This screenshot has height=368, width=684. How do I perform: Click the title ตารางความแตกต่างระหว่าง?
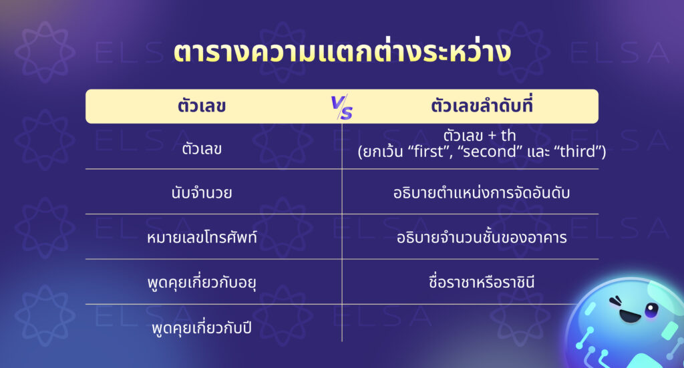click(x=342, y=54)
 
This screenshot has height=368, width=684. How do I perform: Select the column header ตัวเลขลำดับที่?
click(x=480, y=106)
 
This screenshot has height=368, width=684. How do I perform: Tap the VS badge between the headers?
click(x=342, y=108)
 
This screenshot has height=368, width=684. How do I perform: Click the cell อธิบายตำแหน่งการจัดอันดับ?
click(x=480, y=194)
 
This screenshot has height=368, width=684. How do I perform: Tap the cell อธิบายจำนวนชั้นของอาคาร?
click(x=480, y=238)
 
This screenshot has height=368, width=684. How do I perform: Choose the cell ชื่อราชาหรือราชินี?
click(x=480, y=283)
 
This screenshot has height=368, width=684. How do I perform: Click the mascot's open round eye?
click(x=651, y=309)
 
